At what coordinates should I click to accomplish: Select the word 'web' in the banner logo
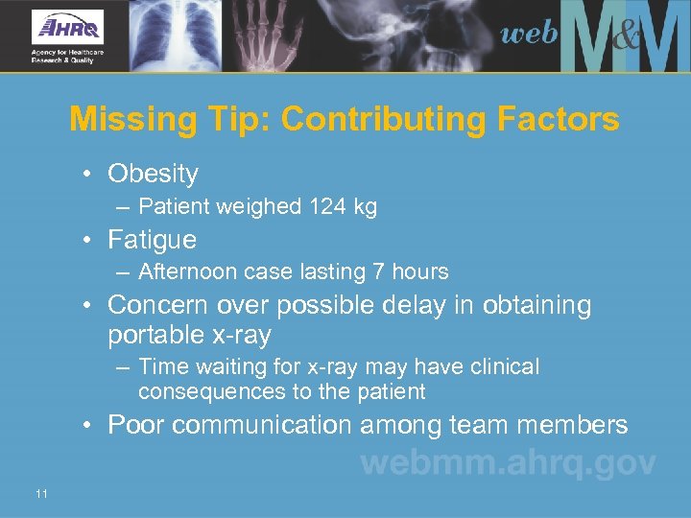point(529,35)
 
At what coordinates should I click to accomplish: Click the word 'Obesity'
point(153,174)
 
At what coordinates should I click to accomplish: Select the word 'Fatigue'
point(152,239)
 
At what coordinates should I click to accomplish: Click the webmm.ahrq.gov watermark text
point(508,464)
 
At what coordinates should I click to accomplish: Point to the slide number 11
point(40,493)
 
